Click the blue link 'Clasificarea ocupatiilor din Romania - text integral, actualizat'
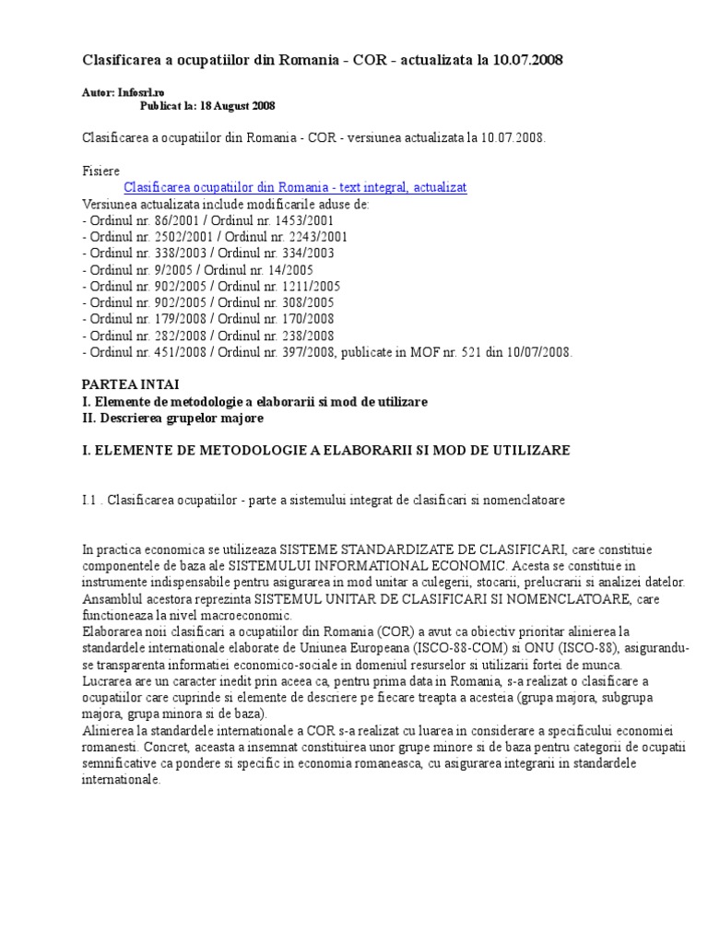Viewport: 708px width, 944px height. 295,187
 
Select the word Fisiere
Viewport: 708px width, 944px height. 100,171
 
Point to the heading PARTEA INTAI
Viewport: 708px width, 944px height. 131,384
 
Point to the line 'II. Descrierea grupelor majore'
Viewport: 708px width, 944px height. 173,418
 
